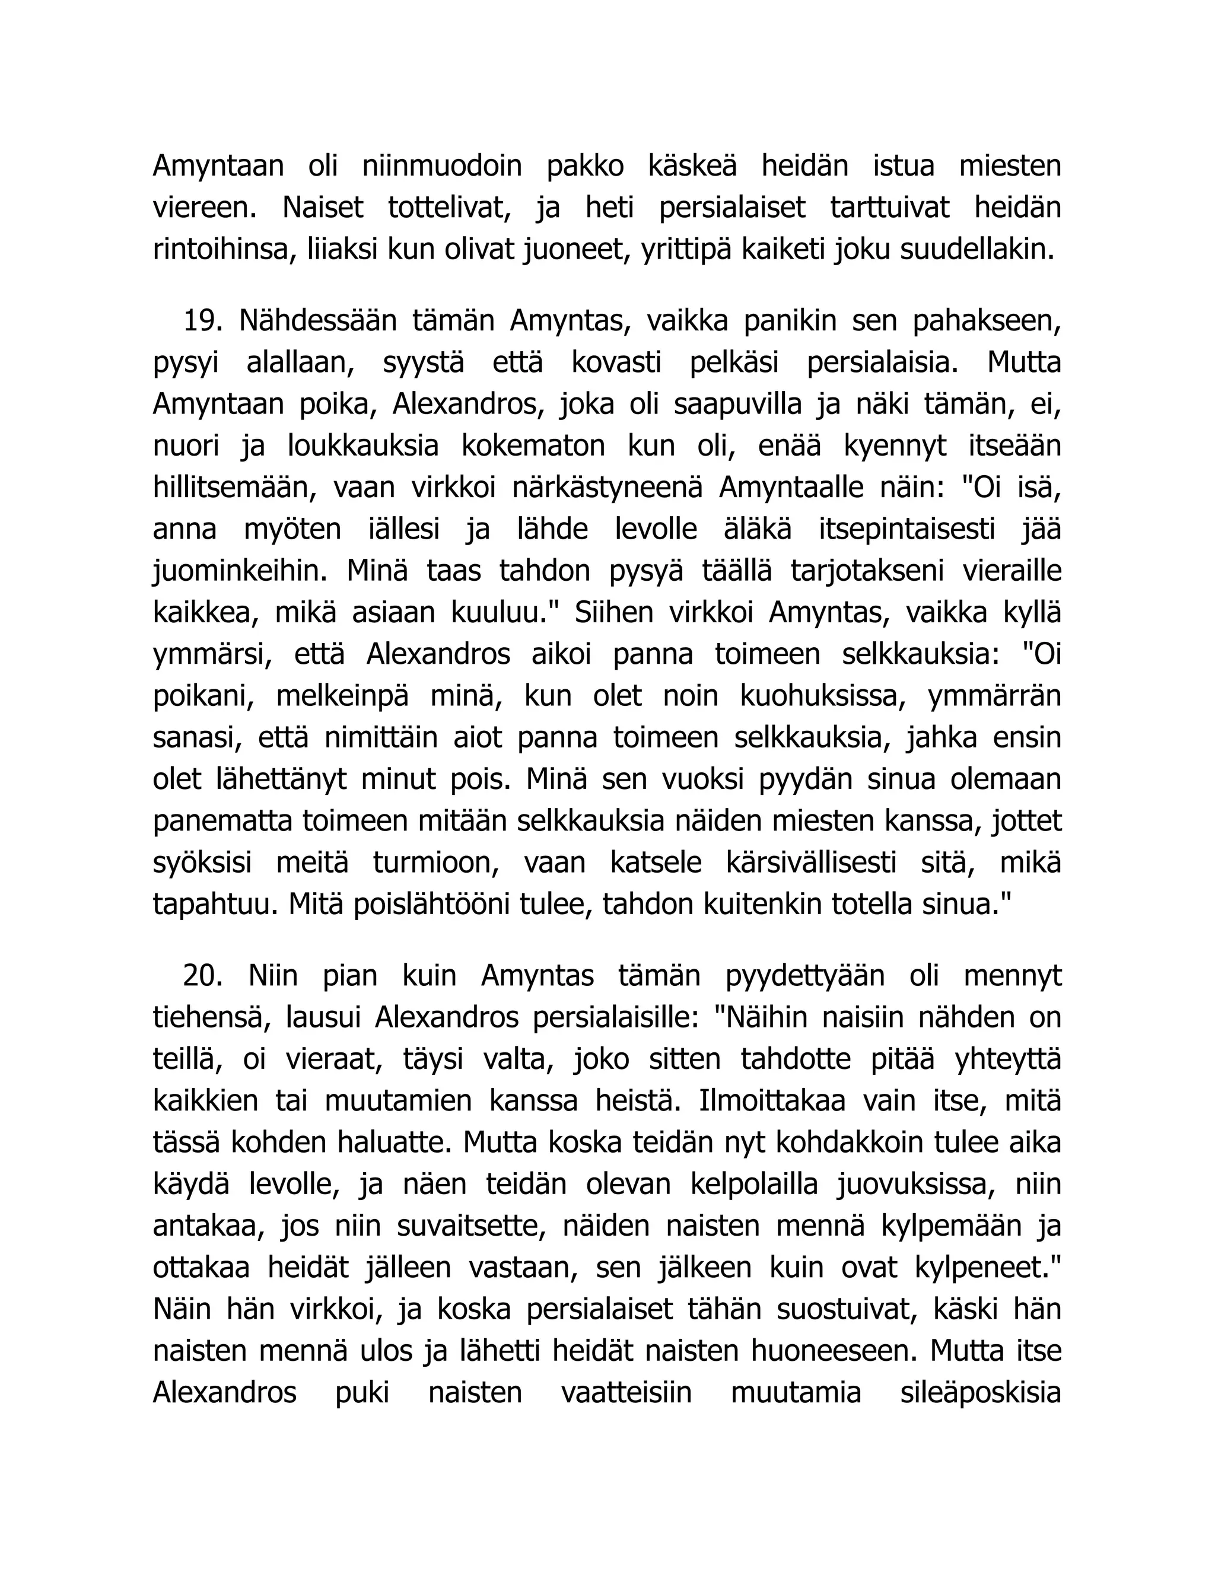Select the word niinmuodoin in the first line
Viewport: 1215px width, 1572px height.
pos(442,166)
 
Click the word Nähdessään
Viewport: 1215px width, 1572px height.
pos(317,321)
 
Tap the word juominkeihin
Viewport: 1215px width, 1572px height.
pos(236,571)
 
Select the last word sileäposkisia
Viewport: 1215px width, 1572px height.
pos(980,1393)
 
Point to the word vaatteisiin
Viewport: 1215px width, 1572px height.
pos(626,1393)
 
